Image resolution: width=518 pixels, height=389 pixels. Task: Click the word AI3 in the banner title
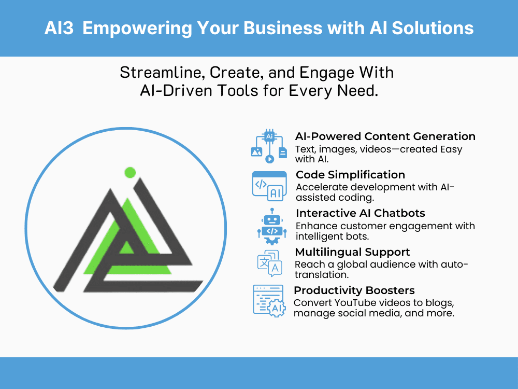pos(59,28)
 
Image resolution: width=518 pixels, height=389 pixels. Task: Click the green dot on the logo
pos(131,173)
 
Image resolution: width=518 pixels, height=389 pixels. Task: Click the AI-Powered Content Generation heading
pos(385,136)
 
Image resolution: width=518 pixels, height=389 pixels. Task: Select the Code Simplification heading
pos(350,174)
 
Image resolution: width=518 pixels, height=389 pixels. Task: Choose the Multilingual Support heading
pos(352,252)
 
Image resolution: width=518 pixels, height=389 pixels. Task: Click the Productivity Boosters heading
pos(354,290)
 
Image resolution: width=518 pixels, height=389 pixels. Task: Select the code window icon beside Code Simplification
pos(269,186)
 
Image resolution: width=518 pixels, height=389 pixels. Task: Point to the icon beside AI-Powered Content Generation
pos(269,147)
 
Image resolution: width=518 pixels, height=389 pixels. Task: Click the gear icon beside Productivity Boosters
pos(276,307)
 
